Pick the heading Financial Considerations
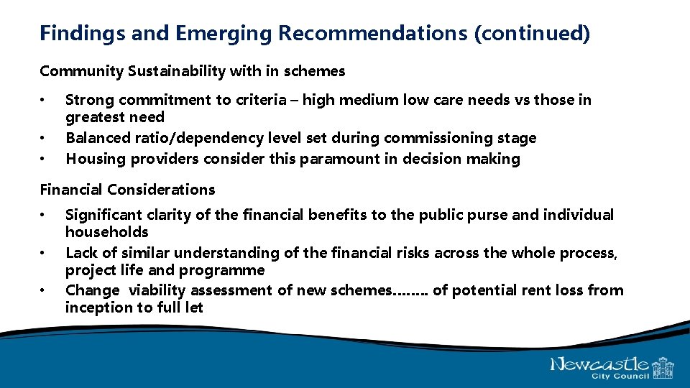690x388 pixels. click(127, 190)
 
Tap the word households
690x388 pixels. click(106, 232)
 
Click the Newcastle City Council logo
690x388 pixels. click(612, 366)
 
